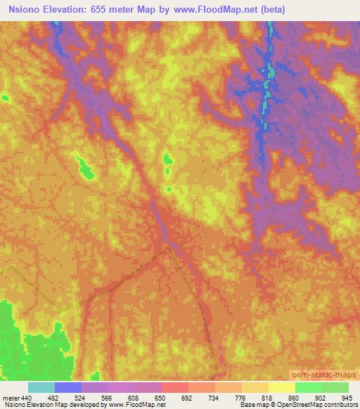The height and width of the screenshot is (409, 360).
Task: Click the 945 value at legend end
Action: click(347, 398)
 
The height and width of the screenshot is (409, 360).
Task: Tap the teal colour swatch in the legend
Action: click(41, 387)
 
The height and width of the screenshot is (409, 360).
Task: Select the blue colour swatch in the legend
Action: click(68, 387)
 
